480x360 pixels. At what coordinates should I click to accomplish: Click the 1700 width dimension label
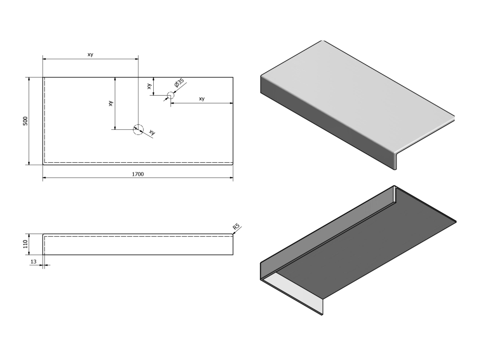[138, 174]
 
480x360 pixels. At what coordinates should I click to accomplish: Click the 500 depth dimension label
[25, 121]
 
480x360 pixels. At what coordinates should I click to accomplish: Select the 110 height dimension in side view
[25, 244]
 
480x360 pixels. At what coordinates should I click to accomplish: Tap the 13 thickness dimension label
[33, 262]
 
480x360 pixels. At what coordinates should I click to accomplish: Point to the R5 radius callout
[236, 226]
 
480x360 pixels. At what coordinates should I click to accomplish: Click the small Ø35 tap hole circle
[171, 95]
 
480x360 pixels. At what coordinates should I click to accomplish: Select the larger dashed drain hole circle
[138, 129]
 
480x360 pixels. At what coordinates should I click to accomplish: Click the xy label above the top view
[90, 54]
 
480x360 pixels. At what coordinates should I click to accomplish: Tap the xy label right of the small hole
[202, 98]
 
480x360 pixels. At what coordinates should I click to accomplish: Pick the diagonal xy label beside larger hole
[152, 132]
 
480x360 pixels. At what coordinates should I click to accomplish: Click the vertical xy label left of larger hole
[111, 104]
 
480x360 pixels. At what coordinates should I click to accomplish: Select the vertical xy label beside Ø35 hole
[149, 86]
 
